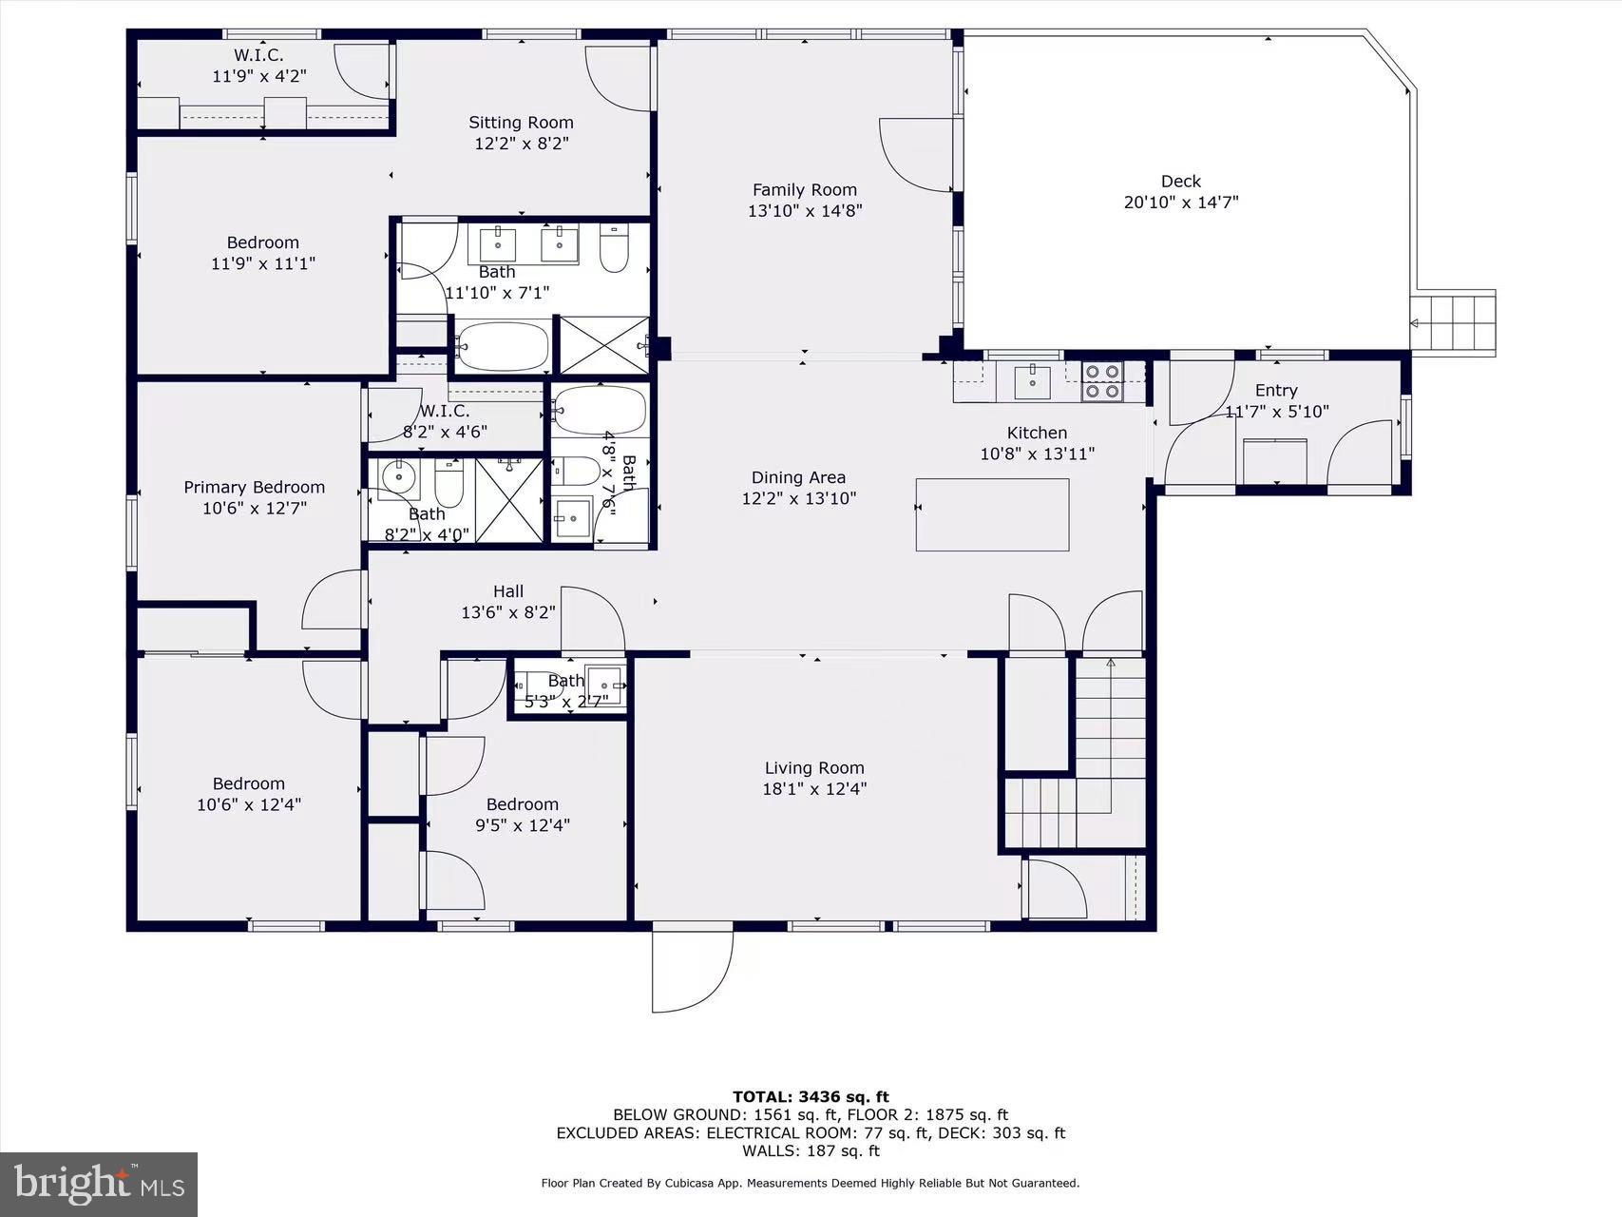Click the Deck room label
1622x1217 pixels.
point(1181,181)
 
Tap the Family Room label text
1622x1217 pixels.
point(805,190)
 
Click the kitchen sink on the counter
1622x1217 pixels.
point(1032,380)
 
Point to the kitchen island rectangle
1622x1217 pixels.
point(992,514)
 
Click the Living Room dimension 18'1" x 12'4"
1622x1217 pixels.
point(814,788)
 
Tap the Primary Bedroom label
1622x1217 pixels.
point(255,487)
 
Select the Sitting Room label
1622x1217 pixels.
point(521,122)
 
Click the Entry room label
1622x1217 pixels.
point(1276,390)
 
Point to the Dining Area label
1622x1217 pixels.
point(798,477)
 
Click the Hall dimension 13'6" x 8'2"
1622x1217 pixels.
point(508,612)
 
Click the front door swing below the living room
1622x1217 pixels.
point(693,970)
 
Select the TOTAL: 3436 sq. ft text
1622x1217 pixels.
point(811,1096)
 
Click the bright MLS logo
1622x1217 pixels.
point(99,1185)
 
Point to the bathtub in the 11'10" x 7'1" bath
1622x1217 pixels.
point(502,347)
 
